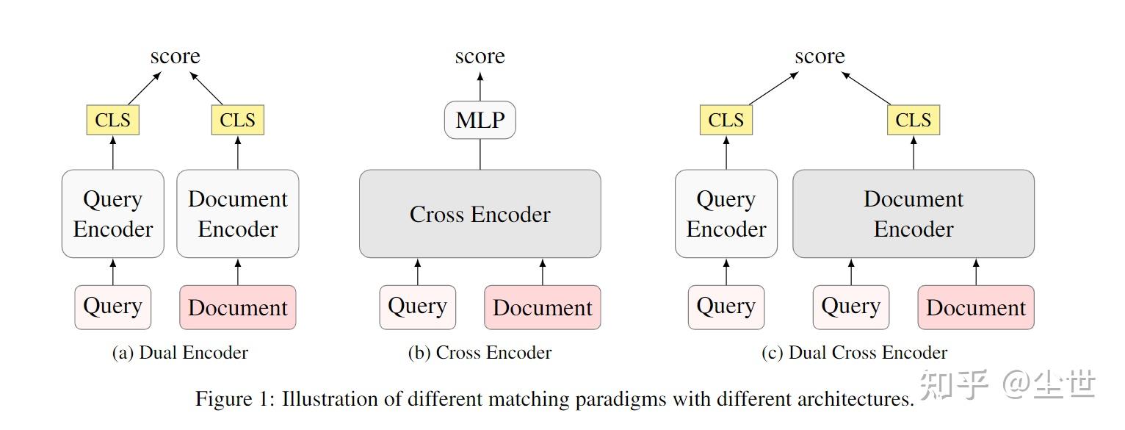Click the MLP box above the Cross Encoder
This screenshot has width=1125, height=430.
tap(480, 121)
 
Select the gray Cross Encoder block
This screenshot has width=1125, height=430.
tap(480, 214)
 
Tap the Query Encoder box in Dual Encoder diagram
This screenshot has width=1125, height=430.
tap(112, 214)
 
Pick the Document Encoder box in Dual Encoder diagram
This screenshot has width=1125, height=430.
tap(237, 214)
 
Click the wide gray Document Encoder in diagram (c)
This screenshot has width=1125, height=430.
tap(913, 214)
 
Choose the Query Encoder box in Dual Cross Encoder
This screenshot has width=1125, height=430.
tap(726, 214)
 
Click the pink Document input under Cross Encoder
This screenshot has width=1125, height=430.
tap(542, 307)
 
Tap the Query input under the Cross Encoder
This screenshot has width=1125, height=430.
tap(417, 307)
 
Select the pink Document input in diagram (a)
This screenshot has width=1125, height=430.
tap(237, 307)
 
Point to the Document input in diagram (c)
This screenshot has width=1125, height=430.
tap(975, 307)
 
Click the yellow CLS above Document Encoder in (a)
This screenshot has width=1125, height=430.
tap(237, 121)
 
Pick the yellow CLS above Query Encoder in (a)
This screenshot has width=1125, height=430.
tap(112, 121)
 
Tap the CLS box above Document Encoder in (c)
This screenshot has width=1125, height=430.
tap(913, 121)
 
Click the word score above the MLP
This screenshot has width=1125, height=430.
tap(480, 57)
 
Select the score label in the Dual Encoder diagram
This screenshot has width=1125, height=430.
tap(175, 57)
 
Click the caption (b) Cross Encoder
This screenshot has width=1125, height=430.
tap(480, 353)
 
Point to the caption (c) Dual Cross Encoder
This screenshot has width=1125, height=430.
tap(854, 353)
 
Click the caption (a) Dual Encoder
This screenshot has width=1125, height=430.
tap(179, 353)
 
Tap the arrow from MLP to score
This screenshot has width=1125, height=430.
tap(480, 86)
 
